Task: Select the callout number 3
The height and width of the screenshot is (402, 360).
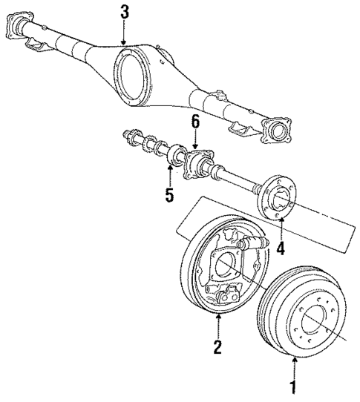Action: click(x=124, y=12)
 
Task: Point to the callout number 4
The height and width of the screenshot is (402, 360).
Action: click(x=280, y=248)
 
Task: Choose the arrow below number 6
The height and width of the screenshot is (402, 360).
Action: click(x=195, y=142)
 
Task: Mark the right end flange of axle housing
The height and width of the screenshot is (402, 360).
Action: click(x=281, y=133)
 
